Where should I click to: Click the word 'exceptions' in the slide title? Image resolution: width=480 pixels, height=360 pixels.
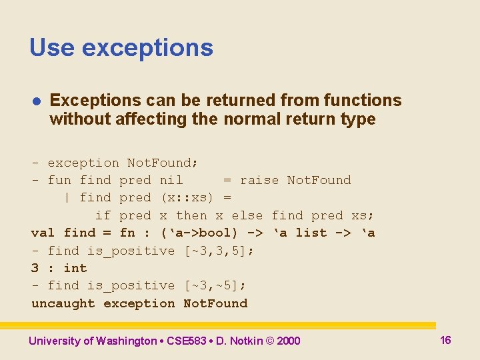[x=147, y=48]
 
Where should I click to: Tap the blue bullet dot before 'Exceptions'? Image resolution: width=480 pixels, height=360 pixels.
[x=37, y=101]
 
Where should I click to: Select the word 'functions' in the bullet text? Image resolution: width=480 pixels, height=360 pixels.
[x=363, y=100]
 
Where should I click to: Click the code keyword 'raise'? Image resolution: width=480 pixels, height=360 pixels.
[x=259, y=180]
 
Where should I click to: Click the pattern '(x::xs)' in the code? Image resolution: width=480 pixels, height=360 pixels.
[x=187, y=197]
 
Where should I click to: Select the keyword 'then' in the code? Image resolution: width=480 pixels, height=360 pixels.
[x=191, y=215]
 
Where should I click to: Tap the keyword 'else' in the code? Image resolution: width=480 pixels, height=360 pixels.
[x=247, y=215]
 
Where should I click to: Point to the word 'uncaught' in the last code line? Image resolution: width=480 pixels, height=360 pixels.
[x=63, y=303]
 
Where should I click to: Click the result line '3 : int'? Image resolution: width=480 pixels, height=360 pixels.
[x=59, y=268]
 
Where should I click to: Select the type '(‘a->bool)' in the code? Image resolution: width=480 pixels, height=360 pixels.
[x=199, y=233]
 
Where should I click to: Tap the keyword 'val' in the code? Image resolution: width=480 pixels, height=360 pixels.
[x=43, y=233]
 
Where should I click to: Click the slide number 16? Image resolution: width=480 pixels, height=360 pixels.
[x=445, y=340]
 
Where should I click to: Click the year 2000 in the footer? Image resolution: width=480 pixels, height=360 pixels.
[x=289, y=341]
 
